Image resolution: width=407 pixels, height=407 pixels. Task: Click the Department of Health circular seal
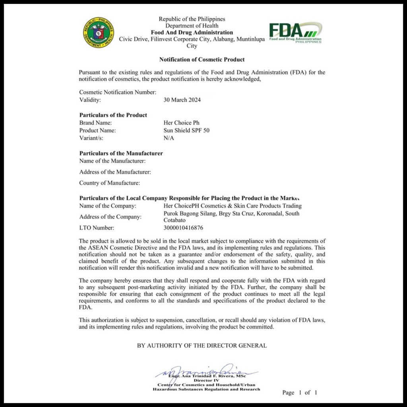pyautogui.click(x=99, y=33)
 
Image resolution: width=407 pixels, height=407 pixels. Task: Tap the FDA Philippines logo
pyautogui.click(x=295, y=32)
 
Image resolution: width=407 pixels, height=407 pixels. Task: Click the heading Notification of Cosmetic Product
pyautogui.click(x=202, y=60)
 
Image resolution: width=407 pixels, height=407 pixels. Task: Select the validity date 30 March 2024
pyautogui.click(x=182, y=100)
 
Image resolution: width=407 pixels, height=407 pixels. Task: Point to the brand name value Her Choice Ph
pyautogui.click(x=181, y=123)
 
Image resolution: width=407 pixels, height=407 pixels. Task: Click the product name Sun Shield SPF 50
pyautogui.click(x=186, y=130)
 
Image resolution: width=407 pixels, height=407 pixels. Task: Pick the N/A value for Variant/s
pyautogui.click(x=169, y=138)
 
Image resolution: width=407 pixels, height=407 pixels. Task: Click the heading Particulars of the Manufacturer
pyautogui.click(x=121, y=153)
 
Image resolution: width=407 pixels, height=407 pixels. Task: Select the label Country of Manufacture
pyautogui.click(x=109, y=183)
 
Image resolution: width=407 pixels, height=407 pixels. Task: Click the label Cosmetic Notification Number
pyautogui.click(x=118, y=92)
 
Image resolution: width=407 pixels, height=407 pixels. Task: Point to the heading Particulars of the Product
pyautogui.click(x=113, y=115)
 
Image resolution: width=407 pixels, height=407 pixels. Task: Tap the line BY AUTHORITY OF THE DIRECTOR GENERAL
pyautogui.click(x=202, y=345)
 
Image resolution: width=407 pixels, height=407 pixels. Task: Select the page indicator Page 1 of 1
pyautogui.click(x=300, y=393)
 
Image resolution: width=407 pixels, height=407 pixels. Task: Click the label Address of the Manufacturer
pyautogui.click(x=115, y=172)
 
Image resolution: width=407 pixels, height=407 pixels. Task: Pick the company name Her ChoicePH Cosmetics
pyautogui.click(x=233, y=206)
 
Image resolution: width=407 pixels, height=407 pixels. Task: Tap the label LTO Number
pyautogui.click(x=97, y=228)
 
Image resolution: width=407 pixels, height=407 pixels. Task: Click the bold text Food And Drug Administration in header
pyautogui.click(x=192, y=33)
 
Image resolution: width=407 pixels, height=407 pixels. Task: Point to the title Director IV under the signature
pyautogui.click(x=207, y=380)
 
